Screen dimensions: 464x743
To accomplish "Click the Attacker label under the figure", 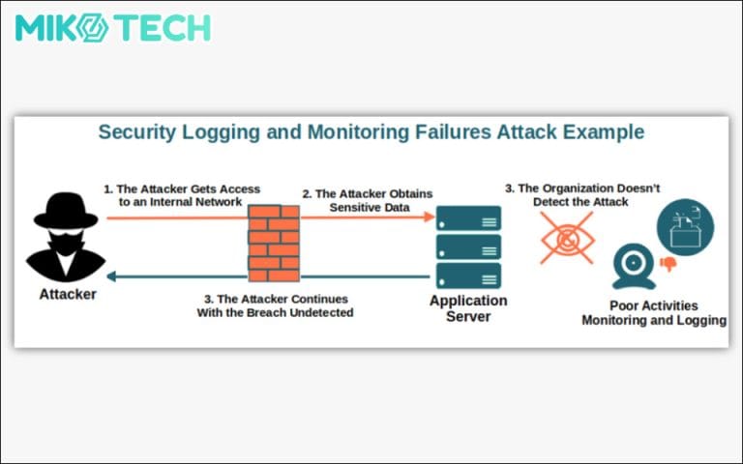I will [67, 294].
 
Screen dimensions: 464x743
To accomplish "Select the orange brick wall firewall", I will [274, 242].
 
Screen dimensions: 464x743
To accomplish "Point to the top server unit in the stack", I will [468, 217].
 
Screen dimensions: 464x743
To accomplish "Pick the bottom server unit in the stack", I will [468, 275].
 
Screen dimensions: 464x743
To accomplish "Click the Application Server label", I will [468, 308].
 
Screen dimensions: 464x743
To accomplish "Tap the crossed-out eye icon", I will [567, 237].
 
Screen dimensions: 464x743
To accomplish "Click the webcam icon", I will [635, 267].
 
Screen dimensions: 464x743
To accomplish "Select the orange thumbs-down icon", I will [668, 263].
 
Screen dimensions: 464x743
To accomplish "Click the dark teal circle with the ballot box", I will [685, 226].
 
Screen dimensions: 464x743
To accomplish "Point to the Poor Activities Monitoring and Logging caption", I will [654, 312].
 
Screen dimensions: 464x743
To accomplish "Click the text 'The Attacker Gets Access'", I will [182, 189].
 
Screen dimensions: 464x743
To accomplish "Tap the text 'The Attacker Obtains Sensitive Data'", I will [368, 200].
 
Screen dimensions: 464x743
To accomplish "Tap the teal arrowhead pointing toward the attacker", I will [111, 275].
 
